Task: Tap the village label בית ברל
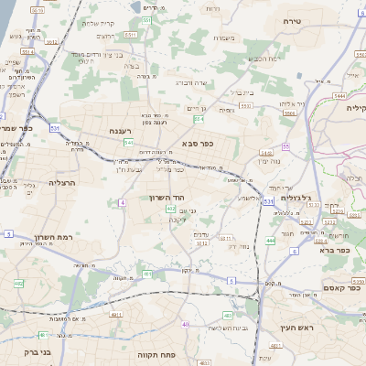point(240,91)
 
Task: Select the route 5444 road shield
point(340,94)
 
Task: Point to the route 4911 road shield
point(116,315)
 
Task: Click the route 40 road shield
point(185,324)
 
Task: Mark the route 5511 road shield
point(131,34)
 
